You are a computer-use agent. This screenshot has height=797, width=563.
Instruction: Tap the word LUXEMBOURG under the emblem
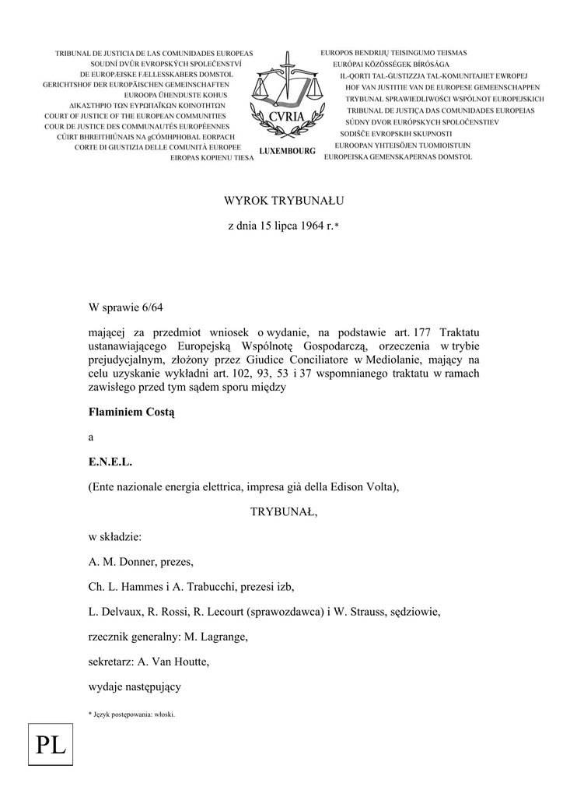click(286, 152)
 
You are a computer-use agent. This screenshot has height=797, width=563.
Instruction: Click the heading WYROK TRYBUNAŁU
click(284, 200)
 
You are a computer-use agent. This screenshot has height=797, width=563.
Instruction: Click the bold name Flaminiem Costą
click(131, 413)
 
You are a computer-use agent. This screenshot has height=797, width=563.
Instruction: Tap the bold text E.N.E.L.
click(111, 462)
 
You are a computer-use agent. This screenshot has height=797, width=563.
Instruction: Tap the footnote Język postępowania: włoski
click(133, 713)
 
